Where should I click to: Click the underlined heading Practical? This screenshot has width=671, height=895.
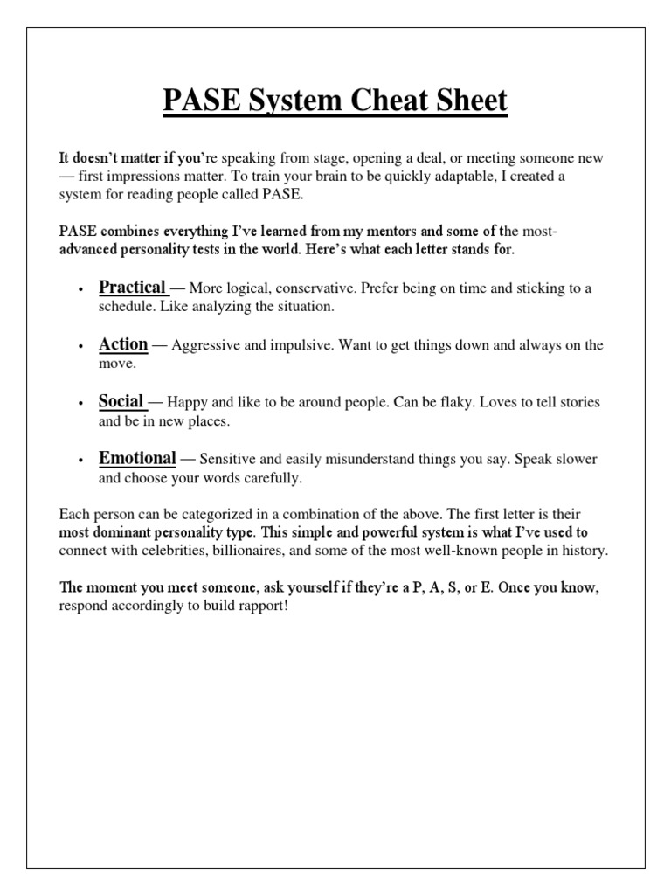coord(132,287)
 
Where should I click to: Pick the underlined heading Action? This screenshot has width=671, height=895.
coord(123,344)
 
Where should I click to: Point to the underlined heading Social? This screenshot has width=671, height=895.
coord(121,401)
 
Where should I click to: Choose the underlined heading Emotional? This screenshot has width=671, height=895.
coord(137,458)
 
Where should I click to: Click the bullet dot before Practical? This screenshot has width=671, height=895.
coord(80,289)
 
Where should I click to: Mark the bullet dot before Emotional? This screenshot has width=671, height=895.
coord(80,461)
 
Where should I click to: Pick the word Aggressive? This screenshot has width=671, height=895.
coord(208,345)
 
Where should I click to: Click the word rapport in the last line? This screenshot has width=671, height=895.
coord(259,605)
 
